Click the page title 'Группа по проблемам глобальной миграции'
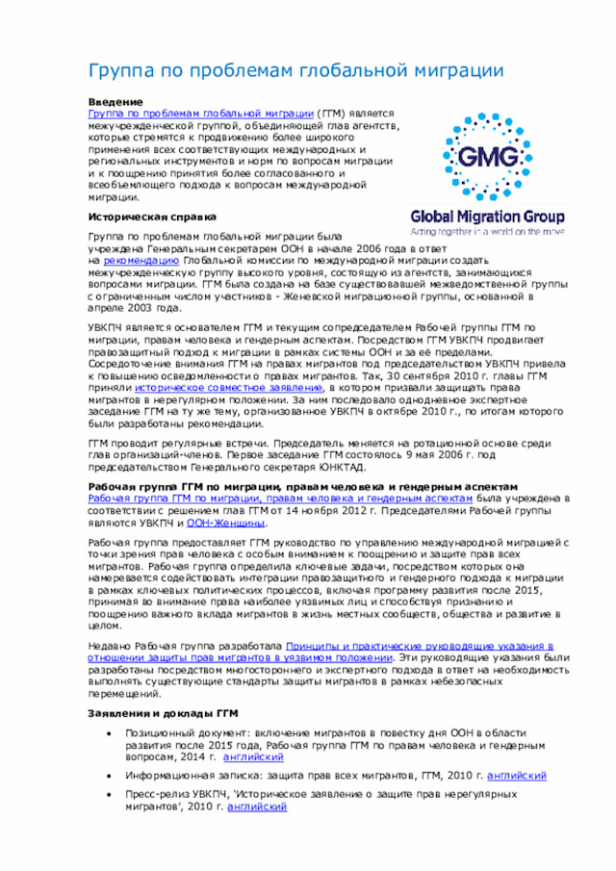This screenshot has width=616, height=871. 295,71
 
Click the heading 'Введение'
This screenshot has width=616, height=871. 115,102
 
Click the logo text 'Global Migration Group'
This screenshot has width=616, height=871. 487,217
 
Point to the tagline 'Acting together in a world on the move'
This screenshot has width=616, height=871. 487,232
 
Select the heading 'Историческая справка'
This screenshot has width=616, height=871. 152,217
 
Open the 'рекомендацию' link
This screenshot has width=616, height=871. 141,261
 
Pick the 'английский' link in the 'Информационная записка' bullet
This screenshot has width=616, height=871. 517,776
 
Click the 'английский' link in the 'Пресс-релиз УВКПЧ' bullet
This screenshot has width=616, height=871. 257,807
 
